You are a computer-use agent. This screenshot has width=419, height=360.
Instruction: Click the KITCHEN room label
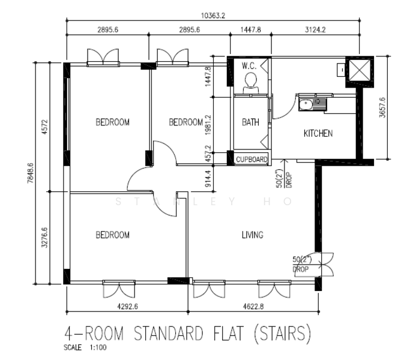[x=318, y=133]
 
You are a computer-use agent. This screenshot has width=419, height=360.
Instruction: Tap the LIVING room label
[x=253, y=235]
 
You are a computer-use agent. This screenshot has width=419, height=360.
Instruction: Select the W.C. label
[x=249, y=65]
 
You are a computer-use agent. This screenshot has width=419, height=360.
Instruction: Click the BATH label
[x=250, y=122]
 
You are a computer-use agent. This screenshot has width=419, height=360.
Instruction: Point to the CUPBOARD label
[x=252, y=160]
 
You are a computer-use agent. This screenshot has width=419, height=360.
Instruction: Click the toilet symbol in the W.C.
[x=251, y=83]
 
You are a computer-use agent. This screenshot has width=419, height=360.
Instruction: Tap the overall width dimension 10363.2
[x=213, y=16]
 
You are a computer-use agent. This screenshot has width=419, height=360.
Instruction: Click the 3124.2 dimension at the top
[x=315, y=29]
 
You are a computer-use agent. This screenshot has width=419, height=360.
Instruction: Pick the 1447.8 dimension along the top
[x=251, y=29]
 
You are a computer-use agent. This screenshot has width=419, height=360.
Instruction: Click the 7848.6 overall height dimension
[x=31, y=173]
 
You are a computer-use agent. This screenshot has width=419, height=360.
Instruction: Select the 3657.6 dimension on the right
[x=382, y=107]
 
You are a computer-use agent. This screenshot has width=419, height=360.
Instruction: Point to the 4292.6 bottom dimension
[x=127, y=307]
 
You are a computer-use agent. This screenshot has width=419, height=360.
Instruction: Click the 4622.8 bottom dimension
[x=253, y=307]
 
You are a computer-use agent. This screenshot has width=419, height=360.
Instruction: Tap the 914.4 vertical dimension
[x=208, y=178]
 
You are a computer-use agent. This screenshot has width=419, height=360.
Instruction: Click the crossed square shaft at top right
[x=360, y=70]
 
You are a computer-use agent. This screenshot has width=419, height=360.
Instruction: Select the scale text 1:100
[x=98, y=347]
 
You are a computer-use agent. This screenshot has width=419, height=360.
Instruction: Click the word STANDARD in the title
[x=168, y=333]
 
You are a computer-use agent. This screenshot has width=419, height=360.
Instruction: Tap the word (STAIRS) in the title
[x=282, y=333]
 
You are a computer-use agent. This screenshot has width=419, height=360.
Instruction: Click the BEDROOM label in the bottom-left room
[x=112, y=235]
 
